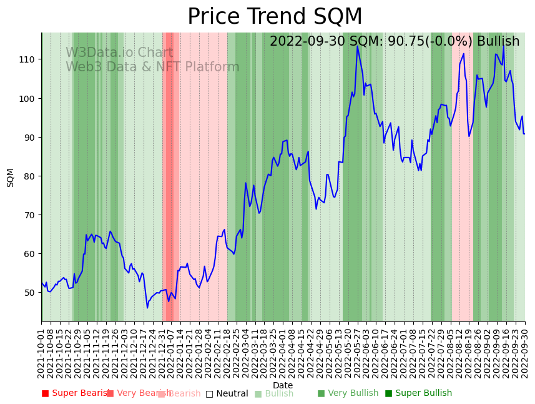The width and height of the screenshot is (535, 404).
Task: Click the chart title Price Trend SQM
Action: [275, 17]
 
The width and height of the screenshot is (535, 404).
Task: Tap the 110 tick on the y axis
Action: [28, 59]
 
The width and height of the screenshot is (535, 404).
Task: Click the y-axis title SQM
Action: [11, 177]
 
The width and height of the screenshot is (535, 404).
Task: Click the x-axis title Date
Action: [283, 385]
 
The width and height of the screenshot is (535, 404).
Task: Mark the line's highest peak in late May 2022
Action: [358, 46]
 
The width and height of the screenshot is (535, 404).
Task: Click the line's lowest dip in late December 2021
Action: [147, 307]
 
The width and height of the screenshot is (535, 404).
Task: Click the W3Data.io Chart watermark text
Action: [119, 53]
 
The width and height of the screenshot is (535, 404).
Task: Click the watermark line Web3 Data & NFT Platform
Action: [152, 67]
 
